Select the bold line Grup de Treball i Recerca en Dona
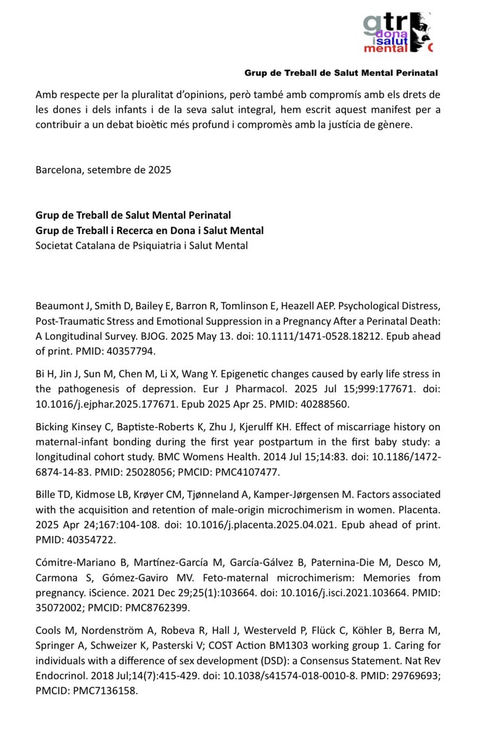coord(149,231)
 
